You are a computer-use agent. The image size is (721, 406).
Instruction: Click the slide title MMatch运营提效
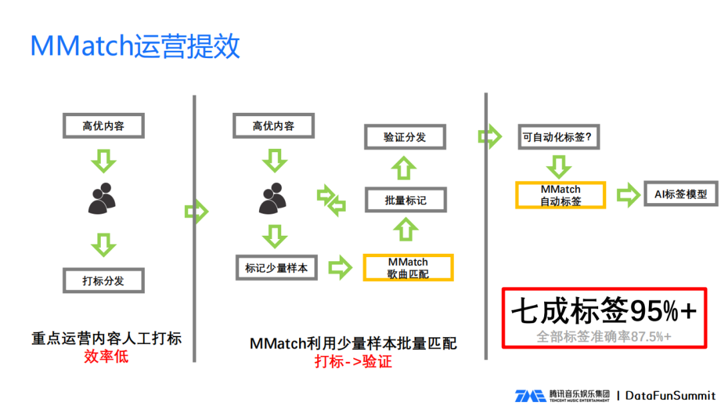click(x=135, y=47)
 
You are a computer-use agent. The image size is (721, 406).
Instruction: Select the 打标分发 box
click(x=103, y=280)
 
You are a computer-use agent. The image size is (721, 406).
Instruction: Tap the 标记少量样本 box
click(x=276, y=268)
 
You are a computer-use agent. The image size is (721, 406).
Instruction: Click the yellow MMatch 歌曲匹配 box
click(x=408, y=268)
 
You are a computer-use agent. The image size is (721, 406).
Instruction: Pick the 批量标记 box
click(x=405, y=200)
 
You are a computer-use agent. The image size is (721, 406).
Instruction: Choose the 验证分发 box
click(x=405, y=137)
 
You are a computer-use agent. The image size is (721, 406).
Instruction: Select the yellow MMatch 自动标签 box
click(x=560, y=195)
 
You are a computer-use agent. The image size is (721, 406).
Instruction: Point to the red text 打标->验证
click(x=353, y=361)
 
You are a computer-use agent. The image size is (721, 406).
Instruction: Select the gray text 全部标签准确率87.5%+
click(x=604, y=337)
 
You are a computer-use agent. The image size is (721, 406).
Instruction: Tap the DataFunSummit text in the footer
click(x=670, y=395)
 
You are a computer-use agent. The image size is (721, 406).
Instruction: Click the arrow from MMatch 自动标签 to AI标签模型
click(x=628, y=195)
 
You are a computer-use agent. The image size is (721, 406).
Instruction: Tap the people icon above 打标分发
click(x=103, y=198)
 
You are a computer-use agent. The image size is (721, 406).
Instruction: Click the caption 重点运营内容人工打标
click(x=106, y=338)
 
